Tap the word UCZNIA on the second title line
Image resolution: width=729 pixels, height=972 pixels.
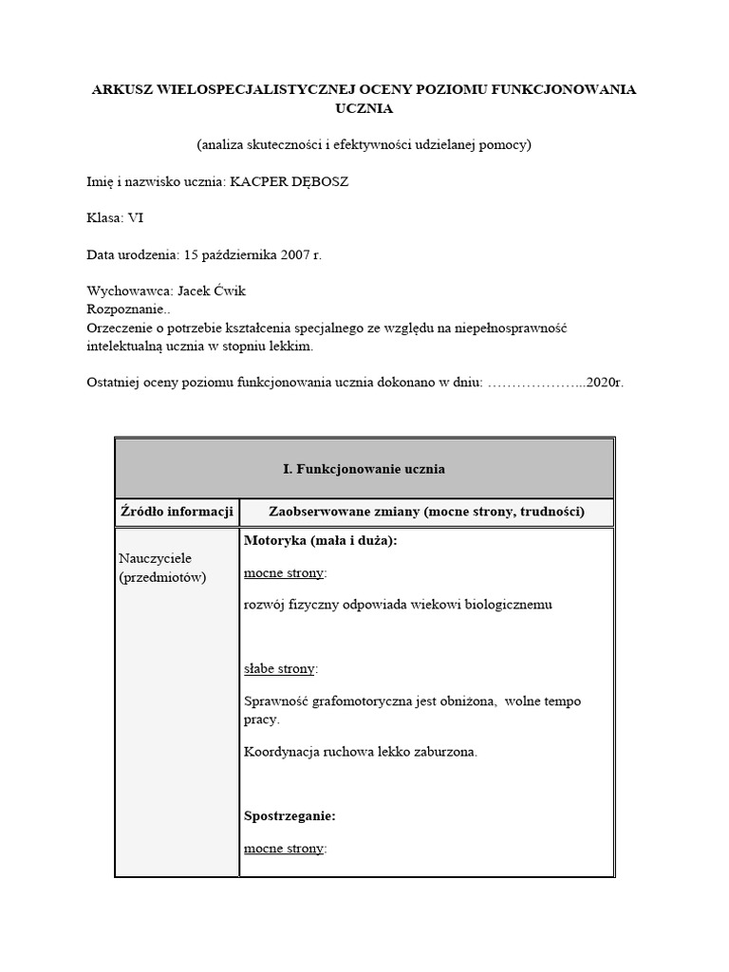tap(364, 108)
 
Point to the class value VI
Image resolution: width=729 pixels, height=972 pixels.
tap(136, 217)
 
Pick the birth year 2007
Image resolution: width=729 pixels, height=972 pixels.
tap(290, 255)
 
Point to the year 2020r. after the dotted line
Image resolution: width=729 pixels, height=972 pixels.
tap(605, 383)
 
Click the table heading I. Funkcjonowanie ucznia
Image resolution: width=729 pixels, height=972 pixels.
tap(364, 469)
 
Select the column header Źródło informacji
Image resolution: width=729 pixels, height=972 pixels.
tap(177, 512)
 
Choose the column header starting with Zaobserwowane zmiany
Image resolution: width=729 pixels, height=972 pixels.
tap(426, 512)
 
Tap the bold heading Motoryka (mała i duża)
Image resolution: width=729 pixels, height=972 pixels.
tap(320, 540)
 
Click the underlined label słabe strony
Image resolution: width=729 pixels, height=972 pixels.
tap(279, 668)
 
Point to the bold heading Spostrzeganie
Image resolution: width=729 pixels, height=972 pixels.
tap(290, 815)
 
